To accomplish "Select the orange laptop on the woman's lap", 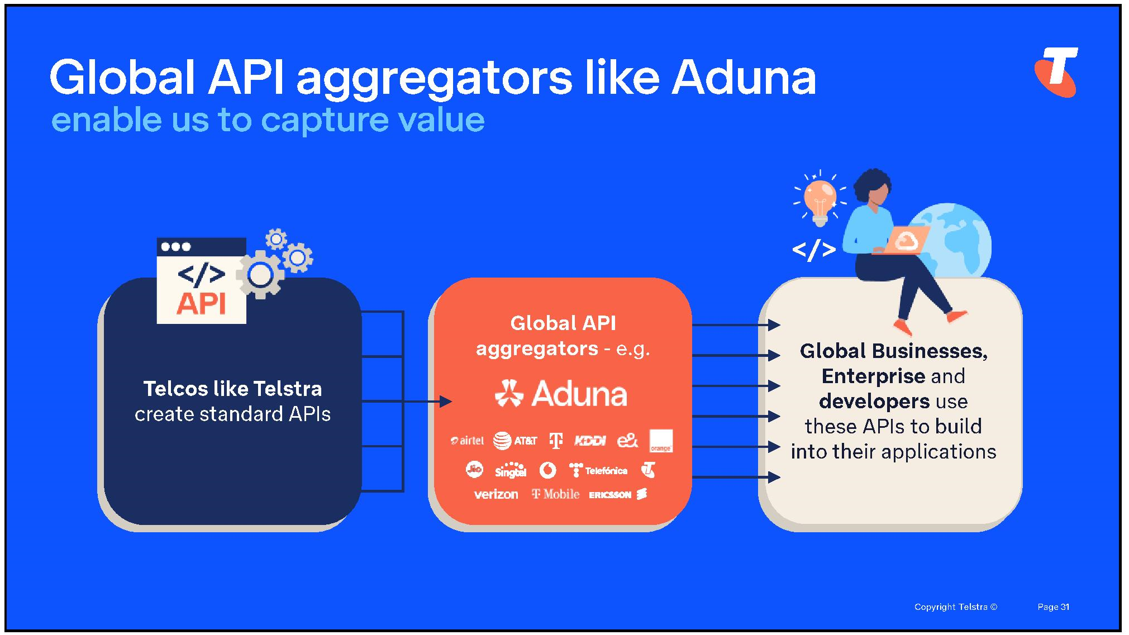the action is click(901, 241).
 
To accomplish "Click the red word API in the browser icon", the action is click(202, 304).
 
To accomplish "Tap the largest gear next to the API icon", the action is click(260, 275).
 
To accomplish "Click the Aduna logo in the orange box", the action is click(561, 393).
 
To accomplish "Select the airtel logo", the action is click(467, 441).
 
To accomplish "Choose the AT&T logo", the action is click(515, 441).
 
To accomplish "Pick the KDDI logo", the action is click(590, 441).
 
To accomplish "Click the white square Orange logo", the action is click(661, 441).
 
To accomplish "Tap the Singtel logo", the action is click(511, 470).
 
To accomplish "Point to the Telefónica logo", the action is click(598, 470).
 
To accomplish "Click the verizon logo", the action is click(496, 494).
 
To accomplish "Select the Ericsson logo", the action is click(618, 494).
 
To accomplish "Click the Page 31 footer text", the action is click(1054, 607).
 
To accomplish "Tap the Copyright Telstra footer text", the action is click(955, 607).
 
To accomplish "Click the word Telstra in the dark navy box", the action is click(287, 388).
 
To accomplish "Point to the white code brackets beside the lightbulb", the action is click(814, 250).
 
